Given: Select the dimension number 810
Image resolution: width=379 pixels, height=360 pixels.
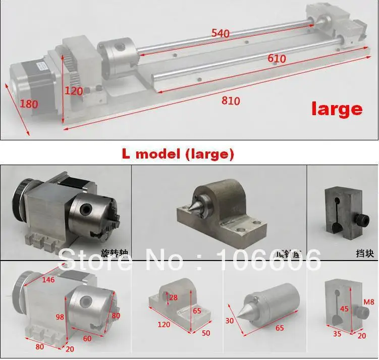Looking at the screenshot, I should (231, 101).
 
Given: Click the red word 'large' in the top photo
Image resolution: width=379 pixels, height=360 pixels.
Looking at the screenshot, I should (337, 108).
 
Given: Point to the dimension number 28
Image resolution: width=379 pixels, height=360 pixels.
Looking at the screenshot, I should (174, 297).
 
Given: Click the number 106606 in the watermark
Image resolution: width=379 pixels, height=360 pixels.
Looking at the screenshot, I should (268, 261).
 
